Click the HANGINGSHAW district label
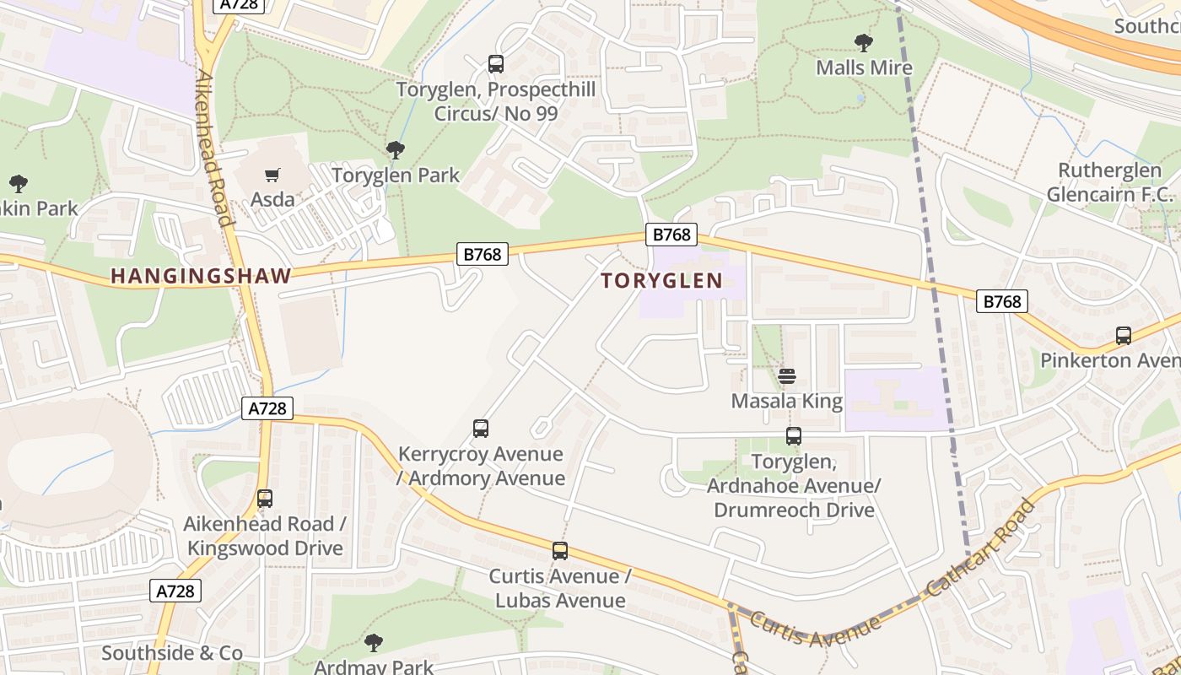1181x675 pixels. click(x=201, y=276)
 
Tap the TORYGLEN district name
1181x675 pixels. click(x=662, y=281)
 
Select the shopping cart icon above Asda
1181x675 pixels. click(x=272, y=175)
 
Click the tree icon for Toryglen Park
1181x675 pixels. click(x=395, y=151)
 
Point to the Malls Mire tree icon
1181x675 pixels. click(x=863, y=43)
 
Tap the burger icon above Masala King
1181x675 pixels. click(x=787, y=376)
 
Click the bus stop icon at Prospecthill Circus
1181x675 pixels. click(x=496, y=64)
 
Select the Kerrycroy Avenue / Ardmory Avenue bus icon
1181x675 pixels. click(x=481, y=429)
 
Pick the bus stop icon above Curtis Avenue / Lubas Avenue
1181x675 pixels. click(x=560, y=551)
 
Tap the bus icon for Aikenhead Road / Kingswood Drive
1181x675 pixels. click(x=265, y=499)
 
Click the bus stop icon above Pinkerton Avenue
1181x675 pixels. click(x=1124, y=336)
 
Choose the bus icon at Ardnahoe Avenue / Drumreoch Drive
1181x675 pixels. click(x=794, y=436)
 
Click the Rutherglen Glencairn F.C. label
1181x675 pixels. click(x=1109, y=182)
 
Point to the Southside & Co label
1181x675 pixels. click(x=172, y=653)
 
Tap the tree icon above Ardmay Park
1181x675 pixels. click(x=374, y=643)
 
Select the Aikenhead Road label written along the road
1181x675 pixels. click(x=213, y=148)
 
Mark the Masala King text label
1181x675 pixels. click(x=787, y=401)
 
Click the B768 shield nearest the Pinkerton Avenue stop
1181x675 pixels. click(x=1002, y=301)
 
